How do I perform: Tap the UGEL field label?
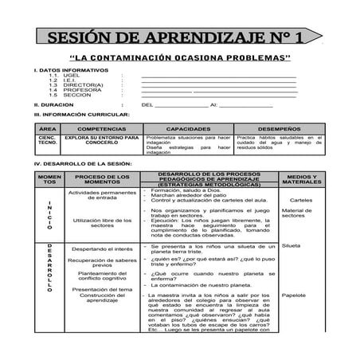72,76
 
